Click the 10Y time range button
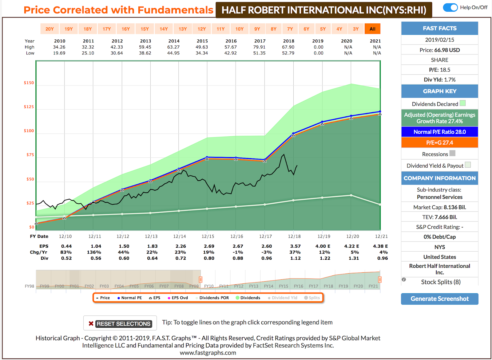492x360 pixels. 239,29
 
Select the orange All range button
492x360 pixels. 372,29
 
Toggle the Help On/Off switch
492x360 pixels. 450,7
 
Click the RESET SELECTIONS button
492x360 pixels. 120,323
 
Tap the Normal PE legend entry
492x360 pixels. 129,298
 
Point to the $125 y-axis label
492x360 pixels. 29,107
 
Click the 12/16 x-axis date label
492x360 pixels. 236,236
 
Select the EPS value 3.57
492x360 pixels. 295,246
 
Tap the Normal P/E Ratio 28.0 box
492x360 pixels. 439,132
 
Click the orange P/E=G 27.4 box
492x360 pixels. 439,142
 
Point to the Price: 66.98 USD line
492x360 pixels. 439,50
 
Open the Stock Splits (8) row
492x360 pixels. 440,282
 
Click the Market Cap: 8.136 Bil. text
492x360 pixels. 439,207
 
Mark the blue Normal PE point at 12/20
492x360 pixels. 351,116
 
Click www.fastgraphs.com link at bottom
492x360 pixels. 208,353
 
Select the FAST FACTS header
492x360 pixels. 439,28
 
